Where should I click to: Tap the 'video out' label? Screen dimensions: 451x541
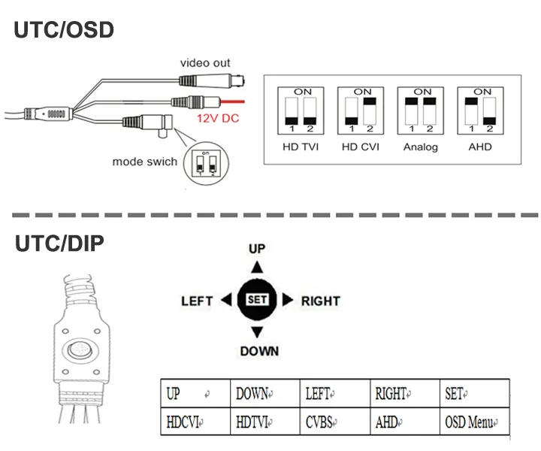(x=205, y=63)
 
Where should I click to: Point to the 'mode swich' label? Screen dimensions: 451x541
(x=145, y=162)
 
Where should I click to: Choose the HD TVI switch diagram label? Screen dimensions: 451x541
(x=300, y=147)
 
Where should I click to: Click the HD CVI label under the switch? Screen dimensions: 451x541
(x=360, y=147)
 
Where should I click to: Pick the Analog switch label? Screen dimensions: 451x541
(x=420, y=147)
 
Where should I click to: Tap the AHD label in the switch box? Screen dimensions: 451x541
(x=479, y=147)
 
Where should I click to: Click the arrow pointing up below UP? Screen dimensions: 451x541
(x=258, y=268)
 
